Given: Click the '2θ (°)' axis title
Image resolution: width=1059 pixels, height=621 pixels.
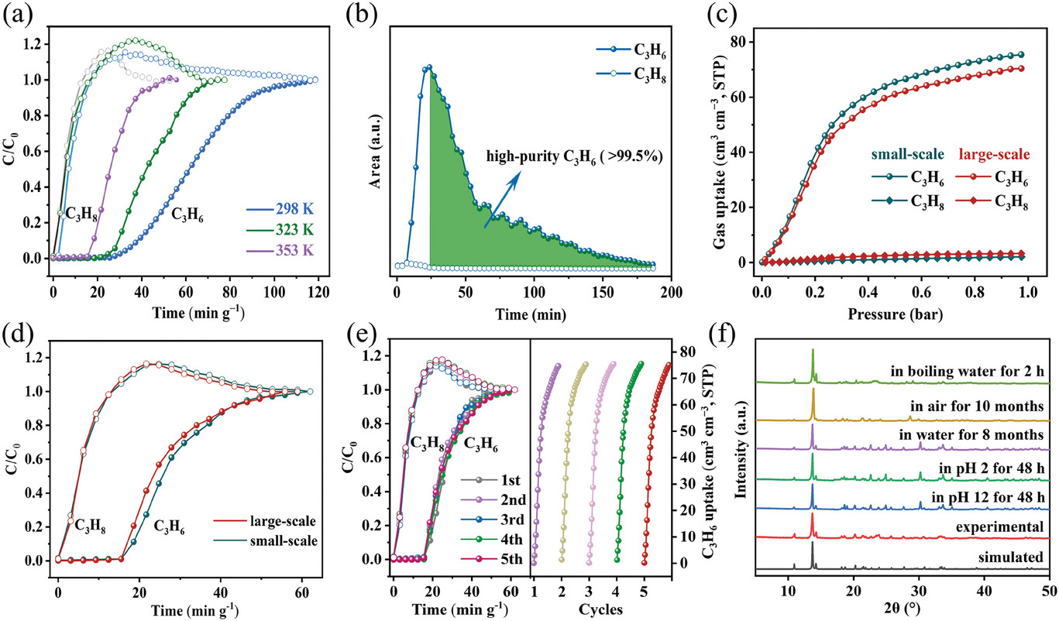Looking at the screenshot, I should [x=903, y=609].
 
